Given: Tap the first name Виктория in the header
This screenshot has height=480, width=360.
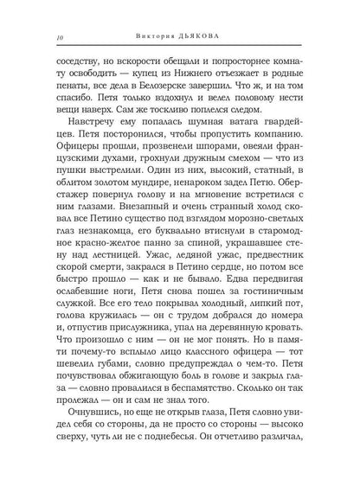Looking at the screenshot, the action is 160,35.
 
